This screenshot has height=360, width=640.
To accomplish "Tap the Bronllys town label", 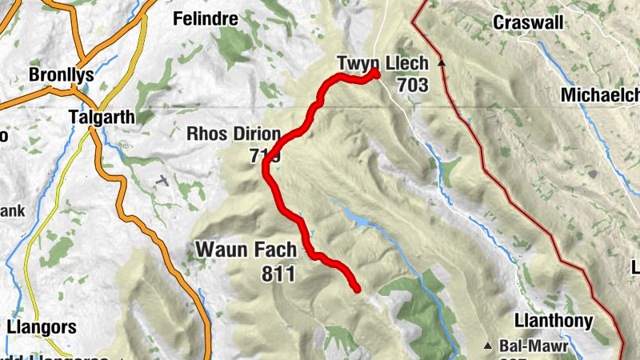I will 61,75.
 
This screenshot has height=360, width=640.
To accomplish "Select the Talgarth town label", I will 102,116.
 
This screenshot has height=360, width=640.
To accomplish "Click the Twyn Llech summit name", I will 382,63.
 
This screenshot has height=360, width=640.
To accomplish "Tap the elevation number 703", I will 411,85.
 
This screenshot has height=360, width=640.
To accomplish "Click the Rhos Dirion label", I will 234,134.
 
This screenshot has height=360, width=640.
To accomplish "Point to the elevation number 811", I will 278,274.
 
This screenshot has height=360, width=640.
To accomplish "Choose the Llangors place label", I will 41,326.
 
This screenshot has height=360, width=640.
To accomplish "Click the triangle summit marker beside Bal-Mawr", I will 488,346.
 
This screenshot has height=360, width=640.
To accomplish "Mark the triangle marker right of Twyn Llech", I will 440,62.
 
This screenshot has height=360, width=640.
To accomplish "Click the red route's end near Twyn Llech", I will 374,73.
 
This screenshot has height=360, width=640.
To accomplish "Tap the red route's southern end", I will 356,289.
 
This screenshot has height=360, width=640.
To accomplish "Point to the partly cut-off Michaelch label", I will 600,95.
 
